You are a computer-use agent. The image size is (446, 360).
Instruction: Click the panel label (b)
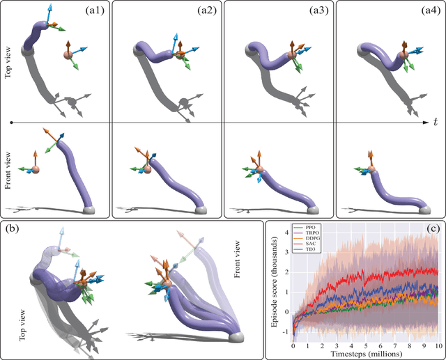tap(13, 229)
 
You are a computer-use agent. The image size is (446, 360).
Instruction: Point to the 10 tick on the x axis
tap(438, 345)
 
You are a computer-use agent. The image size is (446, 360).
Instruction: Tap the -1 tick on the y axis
tap(285, 332)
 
